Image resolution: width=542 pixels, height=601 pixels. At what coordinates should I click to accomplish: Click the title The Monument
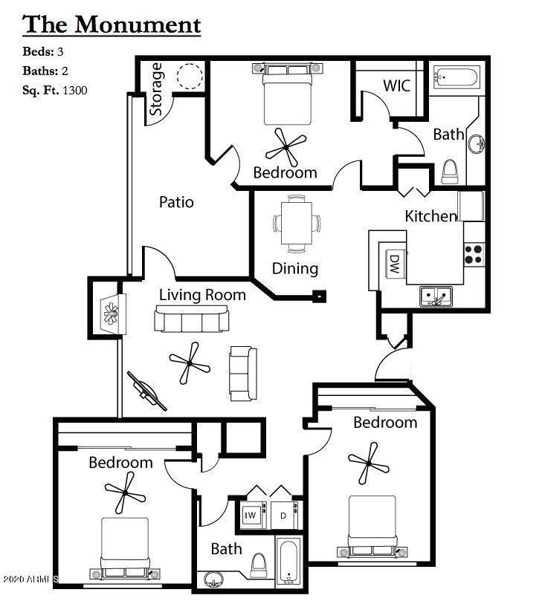click(112, 25)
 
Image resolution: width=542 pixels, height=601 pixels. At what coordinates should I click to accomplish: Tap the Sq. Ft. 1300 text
click(54, 90)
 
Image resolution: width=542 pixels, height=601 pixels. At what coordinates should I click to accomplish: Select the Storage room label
click(157, 89)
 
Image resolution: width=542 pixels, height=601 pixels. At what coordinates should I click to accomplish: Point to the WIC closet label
click(396, 85)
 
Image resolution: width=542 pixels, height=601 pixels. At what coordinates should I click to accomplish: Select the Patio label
click(176, 202)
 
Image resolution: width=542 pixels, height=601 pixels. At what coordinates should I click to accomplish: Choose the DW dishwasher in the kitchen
click(393, 263)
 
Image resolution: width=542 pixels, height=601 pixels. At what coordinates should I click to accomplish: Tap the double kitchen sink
click(437, 297)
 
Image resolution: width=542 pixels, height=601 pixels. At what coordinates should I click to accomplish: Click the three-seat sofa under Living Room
click(192, 320)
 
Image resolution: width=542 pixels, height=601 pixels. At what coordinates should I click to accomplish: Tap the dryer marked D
click(283, 515)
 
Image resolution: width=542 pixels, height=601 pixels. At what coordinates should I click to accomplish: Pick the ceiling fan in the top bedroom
click(286, 147)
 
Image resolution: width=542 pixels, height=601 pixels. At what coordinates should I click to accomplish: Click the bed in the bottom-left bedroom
click(126, 547)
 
